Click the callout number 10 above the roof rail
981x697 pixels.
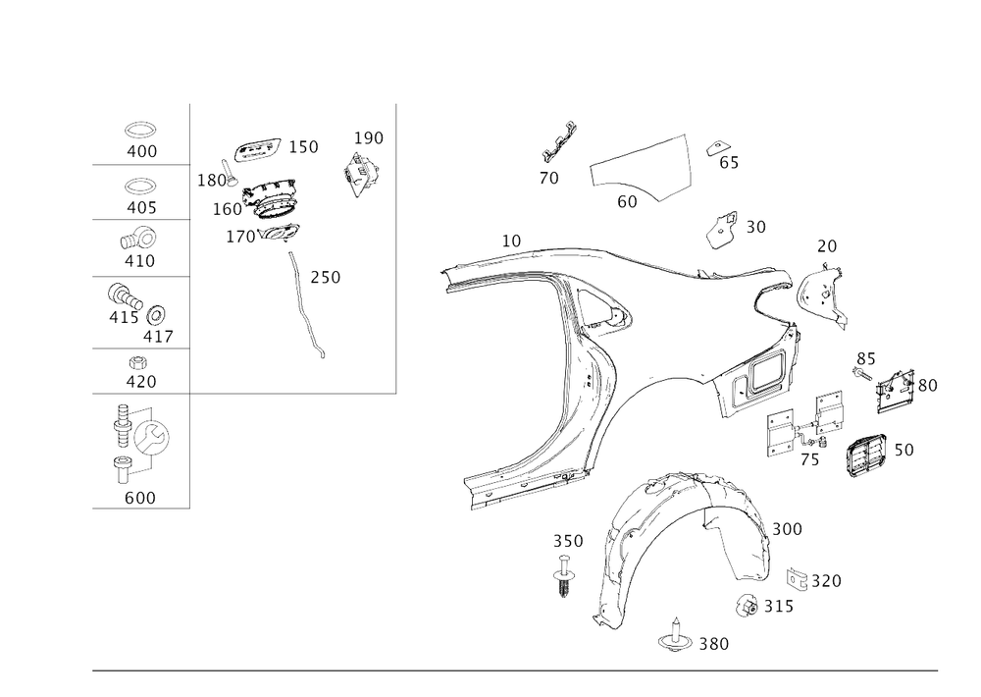[511, 239]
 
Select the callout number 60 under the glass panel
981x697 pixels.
[627, 201]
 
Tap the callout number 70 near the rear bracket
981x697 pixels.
[827, 244]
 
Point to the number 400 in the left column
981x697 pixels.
[141, 152]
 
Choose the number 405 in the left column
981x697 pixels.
[141, 207]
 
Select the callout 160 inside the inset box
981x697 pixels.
[227, 208]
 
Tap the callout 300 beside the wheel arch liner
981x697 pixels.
[786, 528]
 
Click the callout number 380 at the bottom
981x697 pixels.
[713, 643]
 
